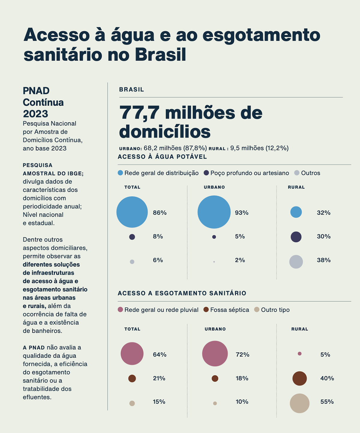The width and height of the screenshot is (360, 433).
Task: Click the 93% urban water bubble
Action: coord(214,212)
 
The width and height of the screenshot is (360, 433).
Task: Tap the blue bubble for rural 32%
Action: coord(296,212)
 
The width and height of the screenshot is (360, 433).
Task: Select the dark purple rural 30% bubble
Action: coord(296,237)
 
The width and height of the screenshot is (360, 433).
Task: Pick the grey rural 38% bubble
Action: coord(296,262)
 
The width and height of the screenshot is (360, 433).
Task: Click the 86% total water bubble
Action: coord(132,212)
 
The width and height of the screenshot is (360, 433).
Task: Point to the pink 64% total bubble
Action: coord(132,353)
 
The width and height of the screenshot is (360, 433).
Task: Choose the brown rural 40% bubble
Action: coord(299,378)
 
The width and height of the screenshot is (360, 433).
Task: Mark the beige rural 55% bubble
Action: coord(299,403)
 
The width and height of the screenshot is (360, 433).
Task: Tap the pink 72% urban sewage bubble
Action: coord(215,353)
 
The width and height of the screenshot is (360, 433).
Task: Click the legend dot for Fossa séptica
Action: coord(206,310)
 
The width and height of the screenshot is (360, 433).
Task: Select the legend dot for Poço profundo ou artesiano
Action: coord(206,173)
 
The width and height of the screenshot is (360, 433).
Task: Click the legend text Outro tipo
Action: coord(275,310)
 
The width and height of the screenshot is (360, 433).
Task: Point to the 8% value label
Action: coord(158,236)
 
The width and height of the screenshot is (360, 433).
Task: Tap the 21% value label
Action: coord(159,378)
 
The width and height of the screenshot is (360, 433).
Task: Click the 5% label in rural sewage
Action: coord(325,355)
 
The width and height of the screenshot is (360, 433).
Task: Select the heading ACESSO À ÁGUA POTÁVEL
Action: coord(162,157)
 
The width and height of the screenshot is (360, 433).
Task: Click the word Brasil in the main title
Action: coord(160,55)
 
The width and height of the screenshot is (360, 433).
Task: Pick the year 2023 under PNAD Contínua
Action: coord(35,114)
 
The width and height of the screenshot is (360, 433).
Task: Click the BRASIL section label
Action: coord(132,89)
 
